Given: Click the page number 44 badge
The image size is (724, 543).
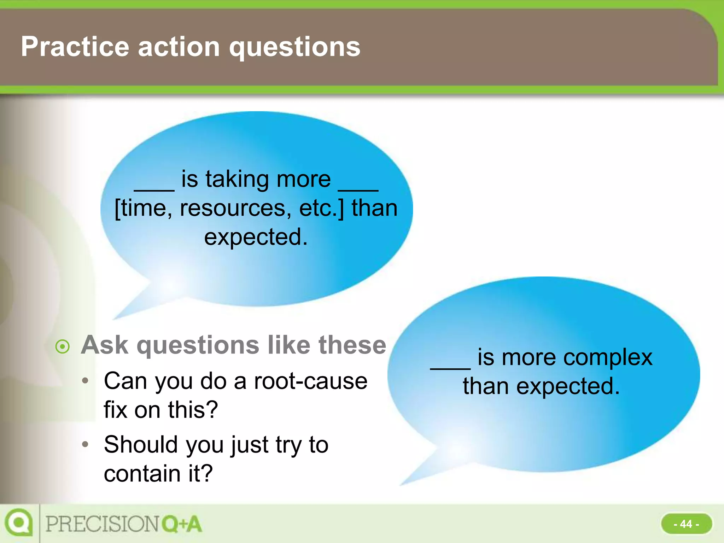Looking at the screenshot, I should tap(686, 524).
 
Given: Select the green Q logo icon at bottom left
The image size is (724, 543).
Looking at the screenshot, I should tap(18, 522).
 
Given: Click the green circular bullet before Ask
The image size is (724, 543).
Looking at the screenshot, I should tap(63, 346).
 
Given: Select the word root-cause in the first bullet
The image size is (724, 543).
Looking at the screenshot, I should tap(311, 381).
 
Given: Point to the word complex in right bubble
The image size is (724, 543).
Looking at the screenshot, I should tap(608, 357).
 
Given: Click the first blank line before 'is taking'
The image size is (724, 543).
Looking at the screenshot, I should tap(154, 189).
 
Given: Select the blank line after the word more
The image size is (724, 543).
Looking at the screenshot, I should tap(358, 189).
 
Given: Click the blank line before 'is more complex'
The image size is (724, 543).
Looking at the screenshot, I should tap(450, 368).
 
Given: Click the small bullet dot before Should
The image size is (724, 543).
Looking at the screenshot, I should tap(85, 444).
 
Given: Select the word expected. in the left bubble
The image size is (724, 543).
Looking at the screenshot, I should tap(256, 237).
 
